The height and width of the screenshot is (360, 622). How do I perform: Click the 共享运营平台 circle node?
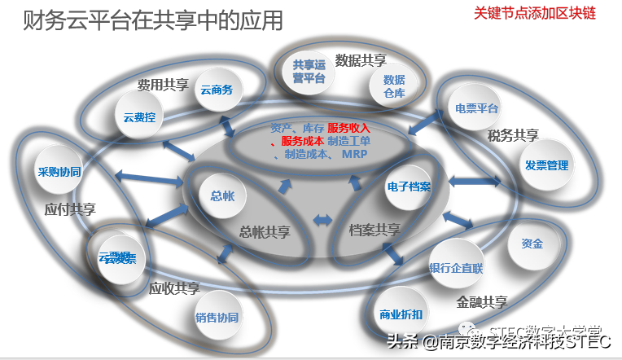(309, 72)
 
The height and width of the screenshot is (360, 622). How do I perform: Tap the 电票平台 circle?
(476, 108)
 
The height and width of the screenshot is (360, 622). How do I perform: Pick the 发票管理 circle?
(546, 165)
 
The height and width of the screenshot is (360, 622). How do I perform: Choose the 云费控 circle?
(138, 117)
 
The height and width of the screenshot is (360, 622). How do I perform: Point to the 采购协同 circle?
(59, 173)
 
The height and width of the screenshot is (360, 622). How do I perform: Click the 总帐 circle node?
(222, 195)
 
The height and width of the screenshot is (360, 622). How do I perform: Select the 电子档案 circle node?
(409, 187)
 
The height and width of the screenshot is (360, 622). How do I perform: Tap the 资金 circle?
(532, 244)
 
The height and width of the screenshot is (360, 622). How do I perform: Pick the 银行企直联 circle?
(456, 267)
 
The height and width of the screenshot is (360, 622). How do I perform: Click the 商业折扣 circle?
(401, 314)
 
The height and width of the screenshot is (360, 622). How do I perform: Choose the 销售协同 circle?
(217, 317)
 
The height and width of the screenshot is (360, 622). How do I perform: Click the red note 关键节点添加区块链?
(535, 14)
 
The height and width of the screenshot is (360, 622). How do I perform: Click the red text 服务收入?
(349, 128)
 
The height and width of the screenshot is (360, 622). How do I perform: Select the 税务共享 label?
(513, 135)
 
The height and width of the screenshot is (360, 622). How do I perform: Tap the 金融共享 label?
(482, 302)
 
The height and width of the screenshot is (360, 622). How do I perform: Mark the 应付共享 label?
(70, 209)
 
